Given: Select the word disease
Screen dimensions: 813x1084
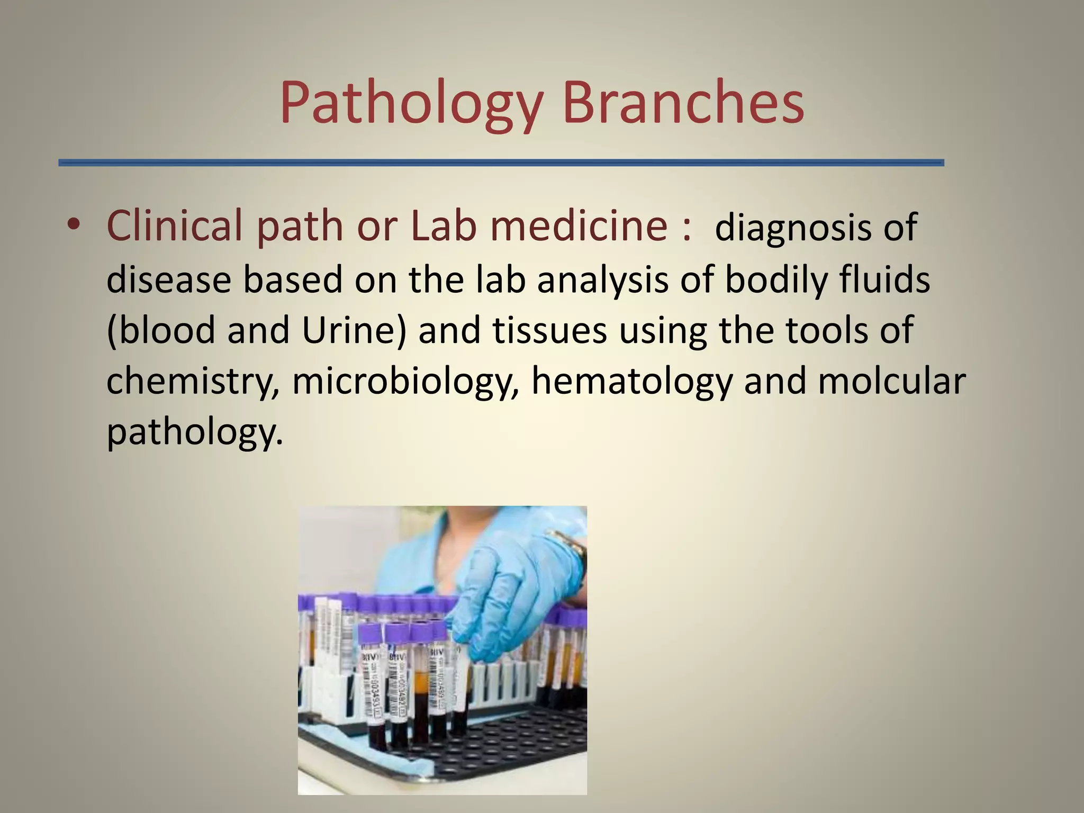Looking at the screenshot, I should pos(168,280).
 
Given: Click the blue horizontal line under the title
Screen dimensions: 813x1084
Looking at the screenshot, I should pos(501,163).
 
